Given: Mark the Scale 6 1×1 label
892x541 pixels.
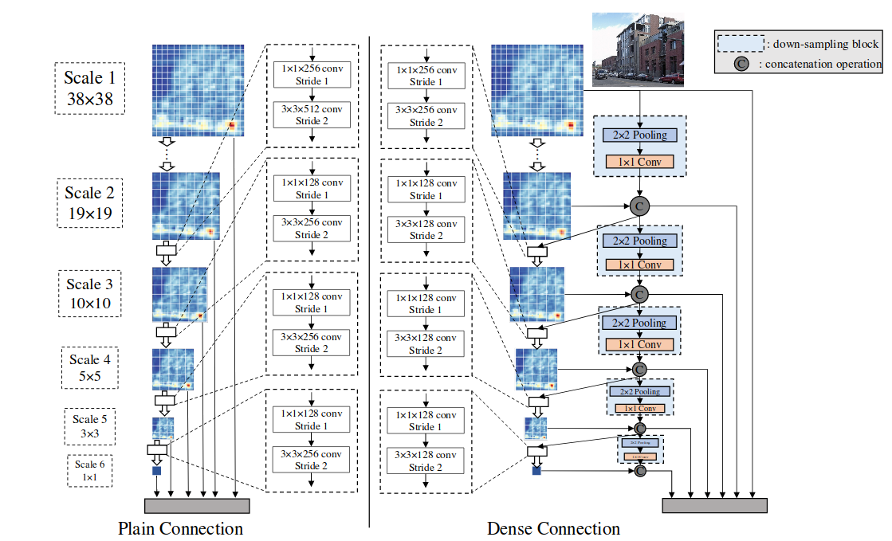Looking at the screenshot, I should [x=89, y=471].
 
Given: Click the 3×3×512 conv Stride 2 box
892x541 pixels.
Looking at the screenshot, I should [x=312, y=115].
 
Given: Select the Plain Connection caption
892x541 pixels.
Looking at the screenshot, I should [x=180, y=528].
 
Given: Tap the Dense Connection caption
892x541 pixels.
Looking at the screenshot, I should [x=553, y=528].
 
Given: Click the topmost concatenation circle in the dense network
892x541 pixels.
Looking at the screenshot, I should [x=639, y=206].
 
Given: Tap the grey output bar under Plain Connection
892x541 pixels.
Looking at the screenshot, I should [x=197, y=506].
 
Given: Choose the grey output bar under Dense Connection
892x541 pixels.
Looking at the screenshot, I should [x=714, y=505].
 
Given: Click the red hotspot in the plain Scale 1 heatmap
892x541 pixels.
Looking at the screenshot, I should [x=232, y=125].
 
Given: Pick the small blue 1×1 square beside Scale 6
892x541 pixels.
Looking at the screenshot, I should [x=156, y=472].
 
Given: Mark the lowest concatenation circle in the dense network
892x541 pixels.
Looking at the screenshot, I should [x=639, y=471].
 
